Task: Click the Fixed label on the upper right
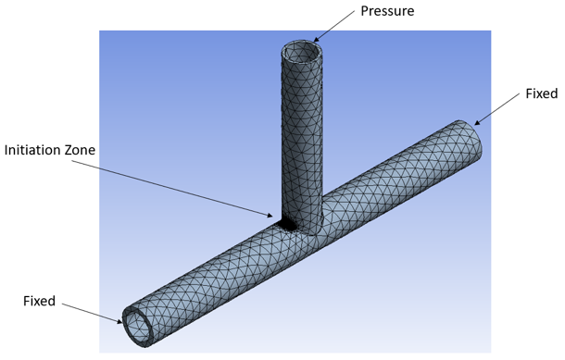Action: pyautogui.click(x=541, y=93)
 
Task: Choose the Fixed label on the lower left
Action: pyautogui.click(x=39, y=301)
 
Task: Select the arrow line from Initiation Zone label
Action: pyautogui.click(x=176, y=188)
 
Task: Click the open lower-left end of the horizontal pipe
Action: pyautogui.click(x=139, y=325)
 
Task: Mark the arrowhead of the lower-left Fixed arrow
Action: pyautogui.click(x=120, y=321)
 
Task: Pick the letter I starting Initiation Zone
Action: pyautogui.click(x=7, y=149)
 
